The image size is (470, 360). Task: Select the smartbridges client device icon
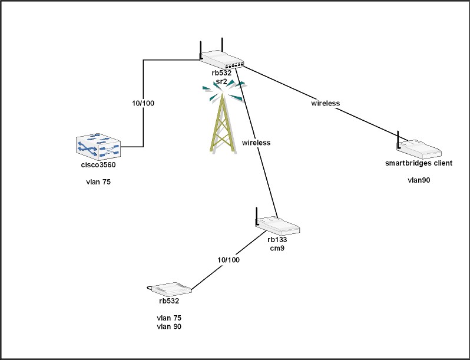tap(418, 147)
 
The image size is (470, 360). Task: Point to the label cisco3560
tap(98, 165)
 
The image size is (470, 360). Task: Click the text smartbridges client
tap(419, 163)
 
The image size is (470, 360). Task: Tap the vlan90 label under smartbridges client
tap(419, 180)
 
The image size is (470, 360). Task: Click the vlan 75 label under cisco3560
tap(98, 183)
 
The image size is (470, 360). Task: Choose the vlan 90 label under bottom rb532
tap(168, 326)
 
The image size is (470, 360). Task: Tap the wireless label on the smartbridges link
tap(326, 103)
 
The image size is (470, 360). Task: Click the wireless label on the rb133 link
tap(256, 143)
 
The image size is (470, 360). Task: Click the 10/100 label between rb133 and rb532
tap(228, 260)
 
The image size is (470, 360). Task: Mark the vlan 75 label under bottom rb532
tap(168, 318)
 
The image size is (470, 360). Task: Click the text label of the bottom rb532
tap(168, 300)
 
